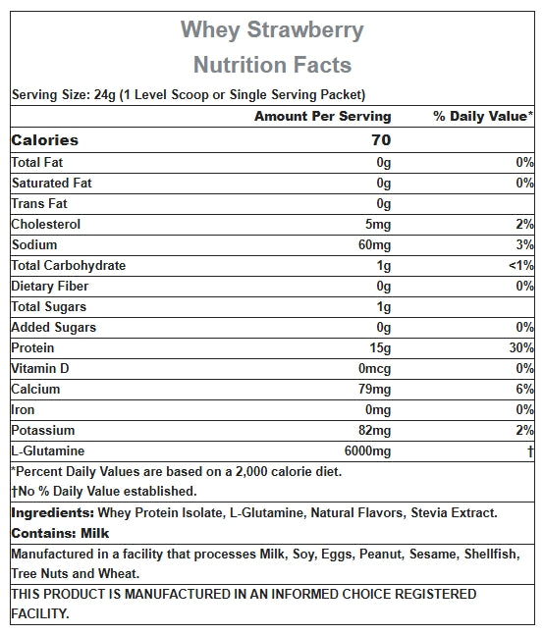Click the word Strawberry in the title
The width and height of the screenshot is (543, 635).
click(x=305, y=30)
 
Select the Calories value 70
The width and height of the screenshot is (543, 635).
click(x=381, y=140)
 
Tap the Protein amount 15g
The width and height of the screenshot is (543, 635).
click(x=380, y=348)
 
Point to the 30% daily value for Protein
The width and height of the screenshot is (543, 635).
click(x=521, y=347)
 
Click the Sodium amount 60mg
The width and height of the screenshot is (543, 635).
click(x=374, y=245)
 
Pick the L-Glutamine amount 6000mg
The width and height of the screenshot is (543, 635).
click(x=367, y=451)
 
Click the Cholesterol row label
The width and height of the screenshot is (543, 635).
click(x=46, y=225)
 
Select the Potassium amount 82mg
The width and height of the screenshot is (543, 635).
click(x=374, y=431)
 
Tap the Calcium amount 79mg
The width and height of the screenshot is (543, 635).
click(x=374, y=390)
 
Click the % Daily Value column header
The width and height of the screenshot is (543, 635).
click(x=483, y=116)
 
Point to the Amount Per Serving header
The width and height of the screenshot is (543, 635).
click(x=322, y=116)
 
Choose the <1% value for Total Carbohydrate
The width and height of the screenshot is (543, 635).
click(x=521, y=266)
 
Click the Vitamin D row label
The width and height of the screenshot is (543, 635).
click(x=40, y=368)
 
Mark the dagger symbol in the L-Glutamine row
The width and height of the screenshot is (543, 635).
click(x=530, y=451)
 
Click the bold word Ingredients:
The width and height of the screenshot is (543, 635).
click(x=53, y=513)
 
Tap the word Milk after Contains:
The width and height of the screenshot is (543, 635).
click(x=95, y=533)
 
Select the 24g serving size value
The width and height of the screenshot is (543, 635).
click(x=105, y=95)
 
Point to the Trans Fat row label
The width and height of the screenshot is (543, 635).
click(x=39, y=204)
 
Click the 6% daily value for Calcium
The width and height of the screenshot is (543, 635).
click(x=524, y=390)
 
